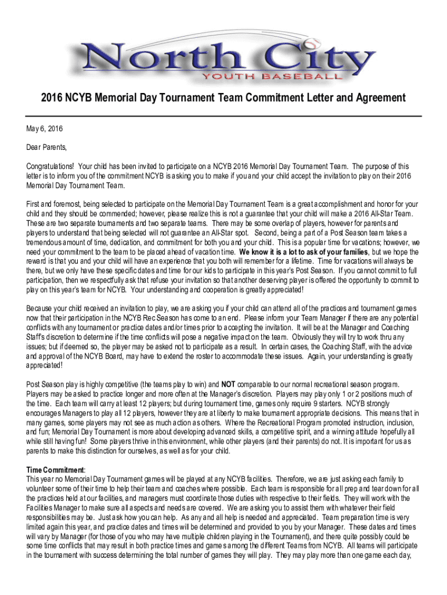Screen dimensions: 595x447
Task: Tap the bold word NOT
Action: (x=228, y=385)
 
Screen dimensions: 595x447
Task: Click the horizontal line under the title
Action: (x=223, y=116)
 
